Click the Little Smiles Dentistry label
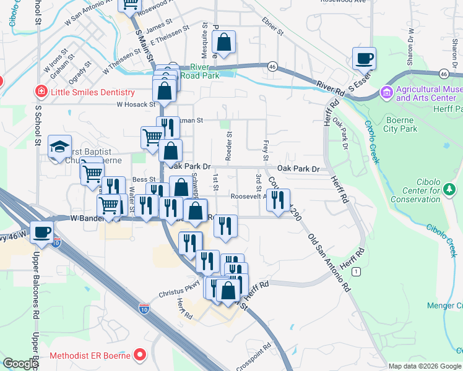pos(93,93)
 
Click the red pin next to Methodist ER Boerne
pos(139,355)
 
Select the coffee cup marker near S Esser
pos(365,58)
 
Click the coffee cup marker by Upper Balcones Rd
pos(41,232)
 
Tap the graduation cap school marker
pos(59,146)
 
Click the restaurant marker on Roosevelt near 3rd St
pos(278,199)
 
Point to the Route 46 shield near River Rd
pos(272,66)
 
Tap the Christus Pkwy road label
pos(180,291)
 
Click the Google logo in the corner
pos(20,364)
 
